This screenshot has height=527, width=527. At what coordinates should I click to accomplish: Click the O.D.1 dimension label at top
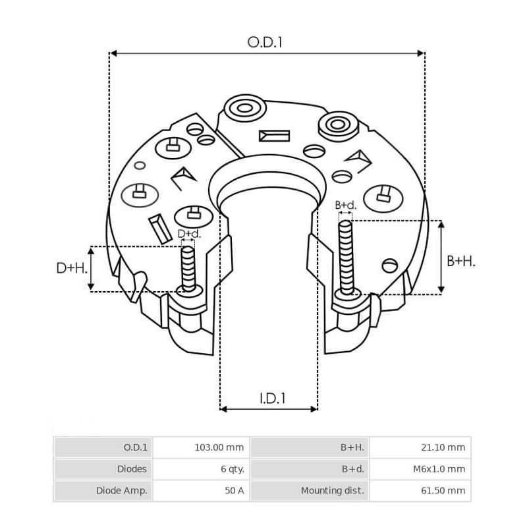[x=265, y=42]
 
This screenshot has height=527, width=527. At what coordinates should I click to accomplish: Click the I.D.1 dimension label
[x=271, y=398]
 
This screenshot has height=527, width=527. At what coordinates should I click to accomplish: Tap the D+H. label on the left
[x=70, y=268]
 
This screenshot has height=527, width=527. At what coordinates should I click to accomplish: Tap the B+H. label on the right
[x=460, y=261]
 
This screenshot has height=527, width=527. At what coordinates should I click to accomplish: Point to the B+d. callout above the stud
[x=346, y=205]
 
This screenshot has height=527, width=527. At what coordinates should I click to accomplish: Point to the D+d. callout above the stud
[x=189, y=234]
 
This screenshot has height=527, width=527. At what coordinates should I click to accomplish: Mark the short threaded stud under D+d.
[x=188, y=269]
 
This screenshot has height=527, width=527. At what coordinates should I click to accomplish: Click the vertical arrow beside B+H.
[x=441, y=258]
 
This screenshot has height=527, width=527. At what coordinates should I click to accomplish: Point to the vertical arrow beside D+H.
[x=90, y=269]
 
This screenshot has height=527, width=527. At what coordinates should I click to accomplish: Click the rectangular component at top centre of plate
[x=274, y=136]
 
